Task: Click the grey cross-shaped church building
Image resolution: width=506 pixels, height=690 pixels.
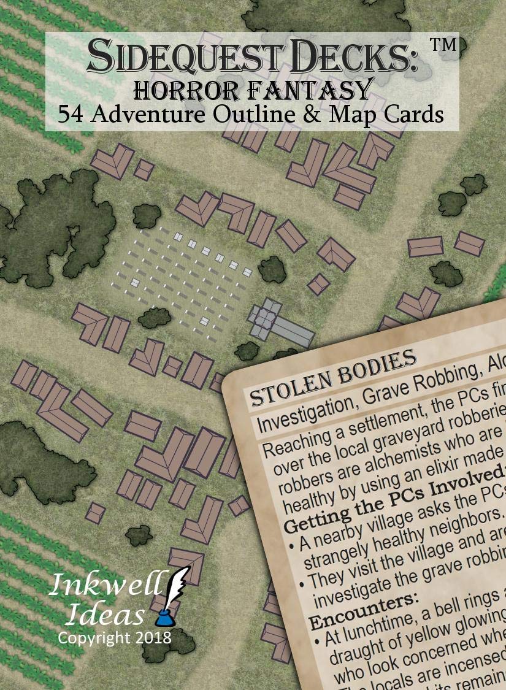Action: point(279,323)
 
